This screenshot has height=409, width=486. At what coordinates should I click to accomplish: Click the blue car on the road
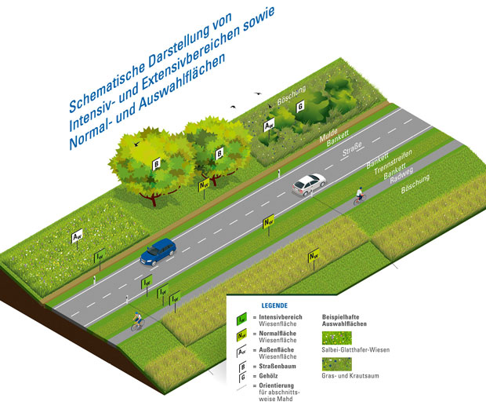click(158, 250)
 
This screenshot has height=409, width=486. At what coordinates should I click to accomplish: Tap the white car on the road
click(309, 184)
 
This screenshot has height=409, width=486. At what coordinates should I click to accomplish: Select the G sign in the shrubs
click(300, 117)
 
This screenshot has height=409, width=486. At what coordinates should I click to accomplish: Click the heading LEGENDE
click(274, 305)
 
